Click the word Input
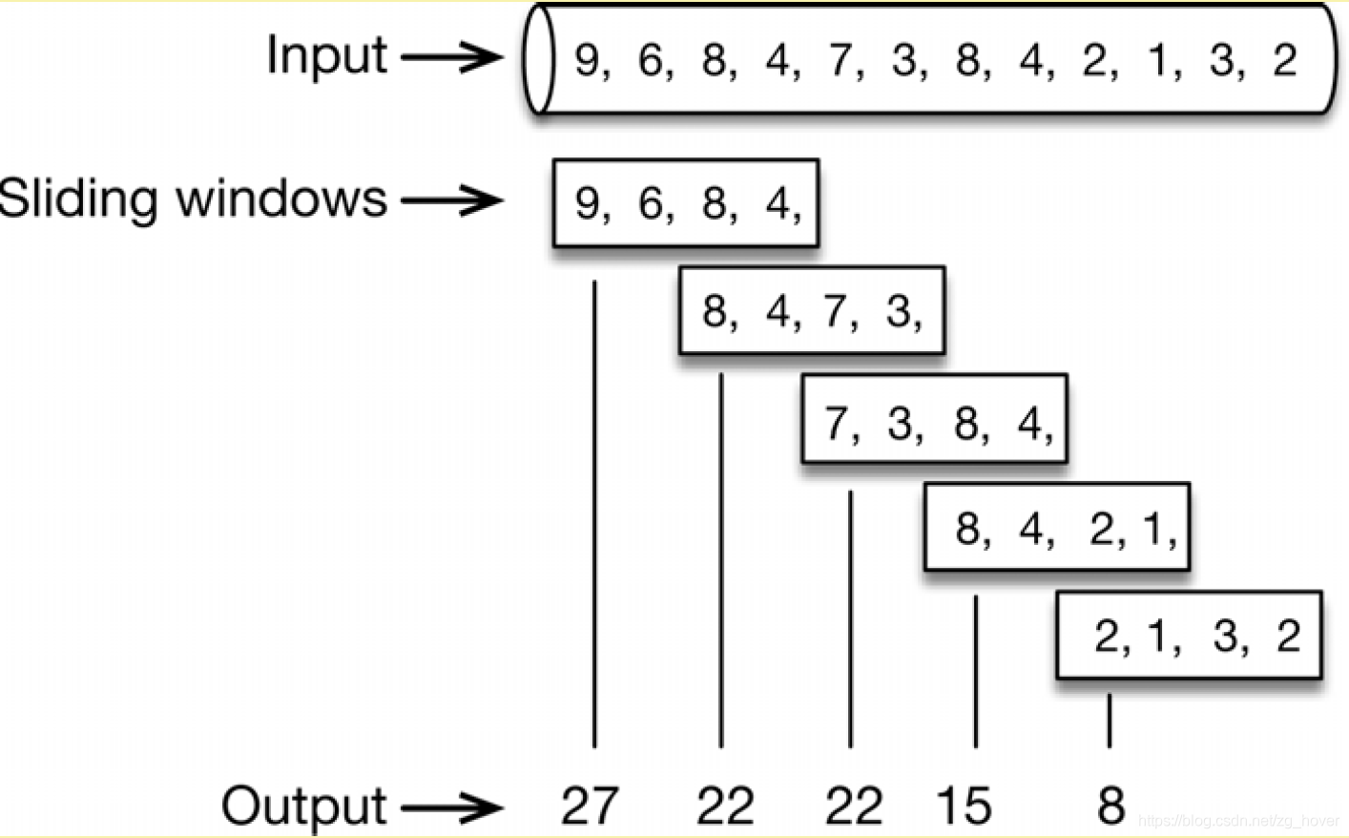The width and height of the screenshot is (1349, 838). [326, 55]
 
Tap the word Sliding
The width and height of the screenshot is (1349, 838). [78, 200]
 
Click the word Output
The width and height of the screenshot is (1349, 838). [303, 807]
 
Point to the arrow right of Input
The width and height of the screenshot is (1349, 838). [450, 57]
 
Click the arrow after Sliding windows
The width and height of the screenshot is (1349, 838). [450, 200]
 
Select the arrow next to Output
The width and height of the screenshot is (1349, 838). [450, 807]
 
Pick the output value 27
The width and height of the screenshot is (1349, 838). [590, 806]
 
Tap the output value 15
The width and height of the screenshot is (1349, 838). [964, 806]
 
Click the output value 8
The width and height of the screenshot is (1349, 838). [1110, 806]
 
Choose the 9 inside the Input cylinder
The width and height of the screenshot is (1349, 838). [587, 60]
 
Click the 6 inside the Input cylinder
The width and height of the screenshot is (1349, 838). [651, 60]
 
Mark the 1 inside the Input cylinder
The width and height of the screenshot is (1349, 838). [1158, 60]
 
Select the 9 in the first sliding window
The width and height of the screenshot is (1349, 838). [587, 203]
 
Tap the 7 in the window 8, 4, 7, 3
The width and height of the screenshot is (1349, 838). [836, 311]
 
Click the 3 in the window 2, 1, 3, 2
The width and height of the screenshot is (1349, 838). [1225, 637]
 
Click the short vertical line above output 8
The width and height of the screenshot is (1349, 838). [1109, 721]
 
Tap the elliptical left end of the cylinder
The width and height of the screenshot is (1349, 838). [539, 59]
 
